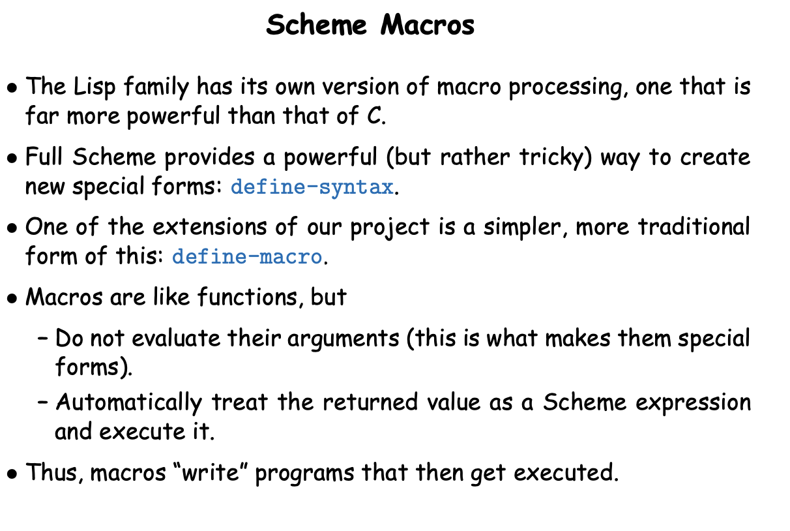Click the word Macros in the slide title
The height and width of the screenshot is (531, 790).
(x=428, y=25)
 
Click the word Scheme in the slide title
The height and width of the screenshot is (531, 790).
(x=316, y=25)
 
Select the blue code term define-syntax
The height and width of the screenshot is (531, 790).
(x=312, y=187)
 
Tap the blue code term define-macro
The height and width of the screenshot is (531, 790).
(x=247, y=256)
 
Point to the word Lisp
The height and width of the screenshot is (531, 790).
(x=95, y=87)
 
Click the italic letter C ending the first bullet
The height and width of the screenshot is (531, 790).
(x=374, y=115)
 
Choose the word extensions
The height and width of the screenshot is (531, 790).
(x=209, y=226)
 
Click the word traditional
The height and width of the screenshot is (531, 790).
(x=694, y=226)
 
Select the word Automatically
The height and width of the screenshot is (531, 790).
(x=129, y=403)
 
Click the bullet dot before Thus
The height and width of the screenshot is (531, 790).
(x=12, y=474)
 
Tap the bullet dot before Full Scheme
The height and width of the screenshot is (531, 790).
(x=12, y=159)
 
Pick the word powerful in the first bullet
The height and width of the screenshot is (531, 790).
(x=173, y=116)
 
